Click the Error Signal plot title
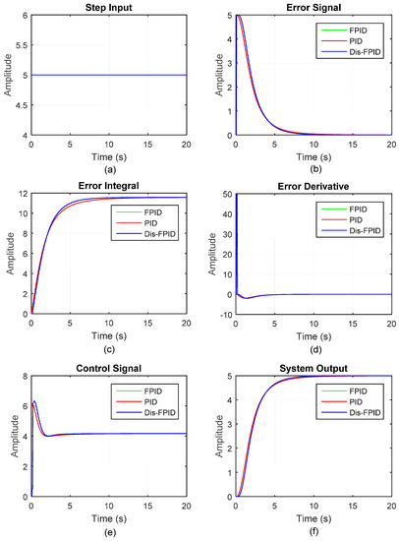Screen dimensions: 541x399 click(x=311, y=7)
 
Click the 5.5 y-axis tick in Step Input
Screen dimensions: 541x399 click(x=19, y=44)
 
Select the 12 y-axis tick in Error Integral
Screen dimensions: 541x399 click(x=22, y=195)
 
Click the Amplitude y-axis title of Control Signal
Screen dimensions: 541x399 click(x=8, y=436)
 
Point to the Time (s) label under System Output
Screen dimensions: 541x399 click(x=311, y=517)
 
